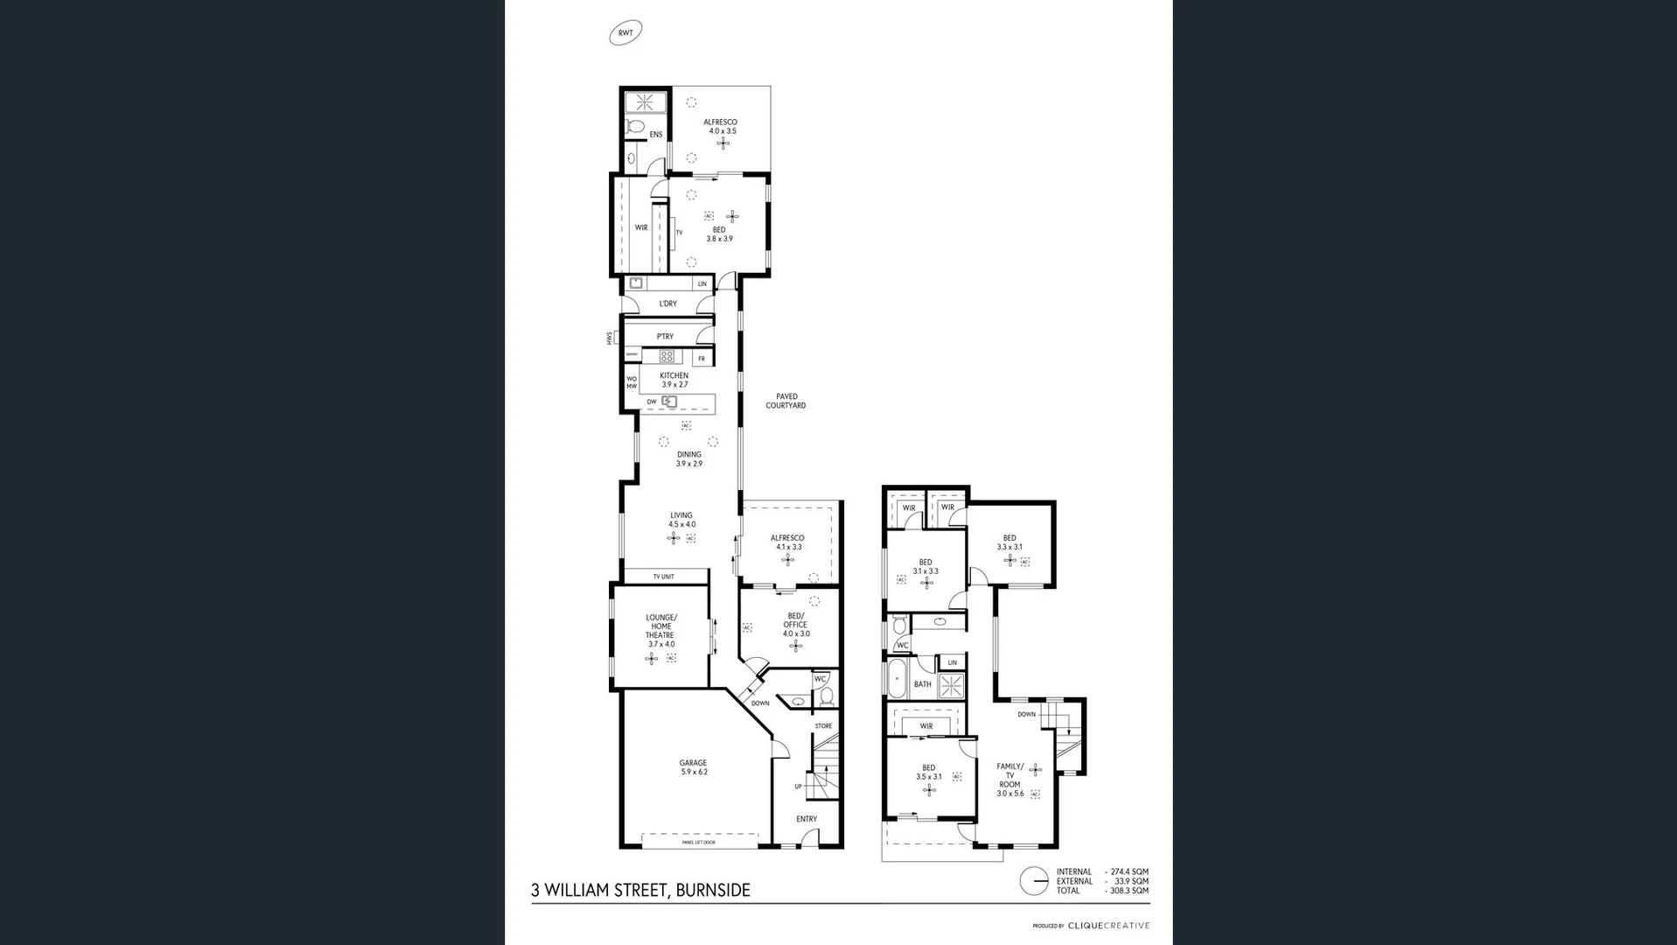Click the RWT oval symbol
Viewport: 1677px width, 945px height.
[x=625, y=33]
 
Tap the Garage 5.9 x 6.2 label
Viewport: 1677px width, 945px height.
[x=694, y=767]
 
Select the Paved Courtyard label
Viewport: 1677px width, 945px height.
[x=786, y=401]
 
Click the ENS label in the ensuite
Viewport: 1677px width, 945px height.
[x=655, y=135]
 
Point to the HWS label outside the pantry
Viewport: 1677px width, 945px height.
[x=610, y=338]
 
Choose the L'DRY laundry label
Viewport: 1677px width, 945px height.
[x=667, y=304]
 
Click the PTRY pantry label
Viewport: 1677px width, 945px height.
[x=665, y=337]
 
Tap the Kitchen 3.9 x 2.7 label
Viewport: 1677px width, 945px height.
[x=674, y=380]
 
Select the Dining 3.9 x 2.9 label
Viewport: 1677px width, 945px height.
[x=688, y=458]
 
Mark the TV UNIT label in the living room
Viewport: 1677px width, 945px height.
[x=663, y=577]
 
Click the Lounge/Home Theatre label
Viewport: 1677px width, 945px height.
[x=661, y=630]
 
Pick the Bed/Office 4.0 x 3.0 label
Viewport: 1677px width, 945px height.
[x=796, y=625]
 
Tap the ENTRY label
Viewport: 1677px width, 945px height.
[x=807, y=819]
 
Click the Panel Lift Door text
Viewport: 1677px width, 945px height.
[x=698, y=843]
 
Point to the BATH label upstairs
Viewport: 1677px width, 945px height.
[x=922, y=684]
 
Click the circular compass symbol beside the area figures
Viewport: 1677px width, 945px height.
[x=1034, y=881]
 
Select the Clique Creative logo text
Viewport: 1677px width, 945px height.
[x=1108, y=926]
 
